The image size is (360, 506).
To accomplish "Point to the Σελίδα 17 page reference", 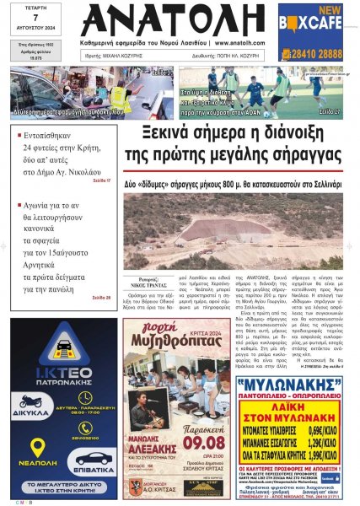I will click(102, 180).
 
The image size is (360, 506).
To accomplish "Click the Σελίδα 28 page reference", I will click(102, 298).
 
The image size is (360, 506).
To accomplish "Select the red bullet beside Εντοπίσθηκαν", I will click(19, 132).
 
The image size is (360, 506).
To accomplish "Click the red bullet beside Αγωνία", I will click(19, 205).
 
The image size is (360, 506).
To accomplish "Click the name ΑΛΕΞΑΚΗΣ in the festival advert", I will click(150, 428).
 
